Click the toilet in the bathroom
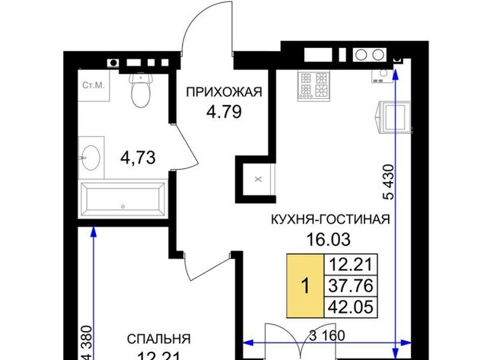pyautogui.click(x=141, y=90)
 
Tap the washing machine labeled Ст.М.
pyautogui.click(x=94, y=85)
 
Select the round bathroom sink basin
pyautogui.click(x=91, y=158)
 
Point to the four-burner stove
pyautogui.click(x=314, y=86)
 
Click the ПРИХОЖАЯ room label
pyautogui.click(x=224, y=92)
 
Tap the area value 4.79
pyautogui.click(x=224, y=112)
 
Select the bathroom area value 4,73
pyautogui.click(x=138, y=158)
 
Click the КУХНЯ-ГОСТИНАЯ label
pyautogui.click(x=330, y=219)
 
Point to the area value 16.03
pyautogui.click(x=328, y=239)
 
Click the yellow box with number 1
pyautogui.click(x=305, y=285)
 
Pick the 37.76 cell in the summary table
pyautogui.click(x=351, y=285)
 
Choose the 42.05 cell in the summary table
pyautogui.click(x=351, y=307)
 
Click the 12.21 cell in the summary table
pyautogui.click(x=351, y=265)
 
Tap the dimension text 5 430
pyautogui.click(x=389, y=182)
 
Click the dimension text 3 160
pyautogui.click(x=327, y=336)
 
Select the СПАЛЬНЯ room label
pyautogui.click(x=159, y=339)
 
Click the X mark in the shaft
pyautogui.click(x=258, y=179)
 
